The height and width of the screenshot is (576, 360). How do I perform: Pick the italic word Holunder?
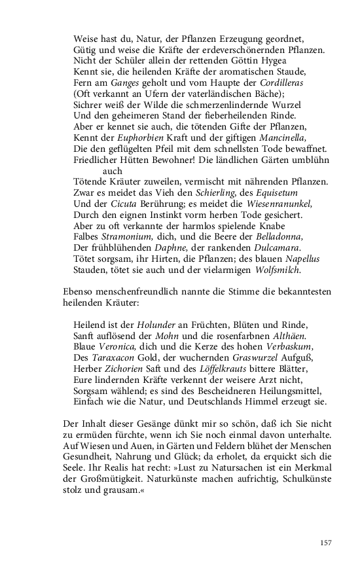[158, 324]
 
